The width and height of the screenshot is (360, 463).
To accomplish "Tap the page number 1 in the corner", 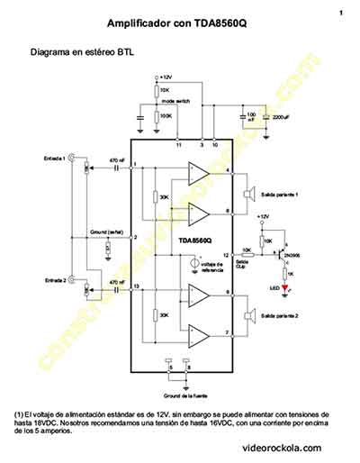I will tap(341, 13).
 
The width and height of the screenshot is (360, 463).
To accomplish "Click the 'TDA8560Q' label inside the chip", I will tap(196, 241).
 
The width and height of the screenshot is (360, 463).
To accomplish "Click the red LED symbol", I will tap(285, 289).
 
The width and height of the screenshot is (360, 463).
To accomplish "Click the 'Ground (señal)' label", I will tap(106, 231).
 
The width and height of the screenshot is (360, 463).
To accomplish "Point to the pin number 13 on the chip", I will tap(137, 286).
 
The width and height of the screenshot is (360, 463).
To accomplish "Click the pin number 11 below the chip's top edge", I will tap(178, 145).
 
